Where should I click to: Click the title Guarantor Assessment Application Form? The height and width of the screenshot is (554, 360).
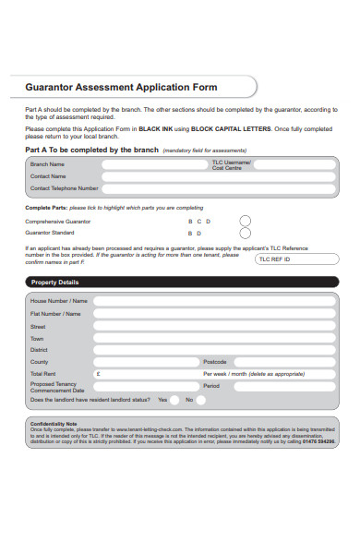tap(121, 88)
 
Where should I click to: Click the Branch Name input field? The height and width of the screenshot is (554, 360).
tap(153, 164)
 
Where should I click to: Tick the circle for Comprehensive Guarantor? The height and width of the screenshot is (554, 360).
tap(246, 221)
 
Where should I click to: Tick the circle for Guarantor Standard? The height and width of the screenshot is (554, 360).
tap(246, 234)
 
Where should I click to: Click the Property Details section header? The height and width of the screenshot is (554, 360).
tap(55, 282)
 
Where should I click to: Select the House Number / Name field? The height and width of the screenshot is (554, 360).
tap(212, 301)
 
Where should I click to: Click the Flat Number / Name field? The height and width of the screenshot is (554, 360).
tap(212, 314)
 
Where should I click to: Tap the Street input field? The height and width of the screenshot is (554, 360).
tap(212, 326)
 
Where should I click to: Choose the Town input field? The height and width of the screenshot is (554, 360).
tap(212, 338)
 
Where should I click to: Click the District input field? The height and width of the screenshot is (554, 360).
tap(212, 350)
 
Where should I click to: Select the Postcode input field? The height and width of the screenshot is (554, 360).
tap(286, 362)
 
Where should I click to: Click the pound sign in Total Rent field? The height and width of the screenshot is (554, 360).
tap(98, 374)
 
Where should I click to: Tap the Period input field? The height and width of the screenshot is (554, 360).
tap(286, 386)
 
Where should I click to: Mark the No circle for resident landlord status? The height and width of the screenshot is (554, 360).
tap(202, 400)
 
